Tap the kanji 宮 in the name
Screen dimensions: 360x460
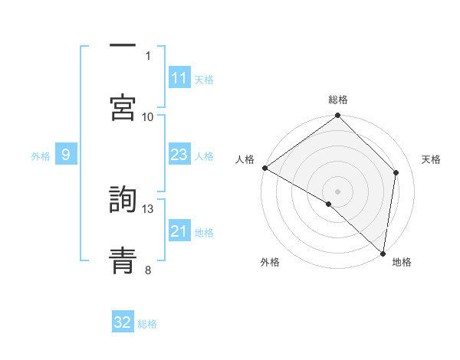[x=123, y=106]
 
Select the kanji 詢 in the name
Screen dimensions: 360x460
[x=123, y=200]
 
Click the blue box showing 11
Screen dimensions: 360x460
[x=179, y=78]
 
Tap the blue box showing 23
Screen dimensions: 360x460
[x=179, y=155]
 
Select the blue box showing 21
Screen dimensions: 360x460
[x=179, y=231]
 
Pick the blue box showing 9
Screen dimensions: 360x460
[x=66, y=155]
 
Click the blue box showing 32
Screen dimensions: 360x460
[x=123, y=322]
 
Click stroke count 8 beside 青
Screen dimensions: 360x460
[x=148, y=269]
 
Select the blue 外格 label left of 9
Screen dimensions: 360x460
[x=41, y=155]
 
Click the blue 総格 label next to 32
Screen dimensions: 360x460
[x=147, y=323]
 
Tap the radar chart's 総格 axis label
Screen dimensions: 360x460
[x=338, y=100]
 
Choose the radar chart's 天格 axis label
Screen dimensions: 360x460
[x=431, y=159]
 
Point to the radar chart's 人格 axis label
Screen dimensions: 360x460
[x=245, y=159]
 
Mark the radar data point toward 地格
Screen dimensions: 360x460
[x=383, y=253]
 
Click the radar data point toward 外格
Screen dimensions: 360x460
[x=329, y=204]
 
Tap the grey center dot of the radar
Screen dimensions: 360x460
[x=338, y=191]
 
